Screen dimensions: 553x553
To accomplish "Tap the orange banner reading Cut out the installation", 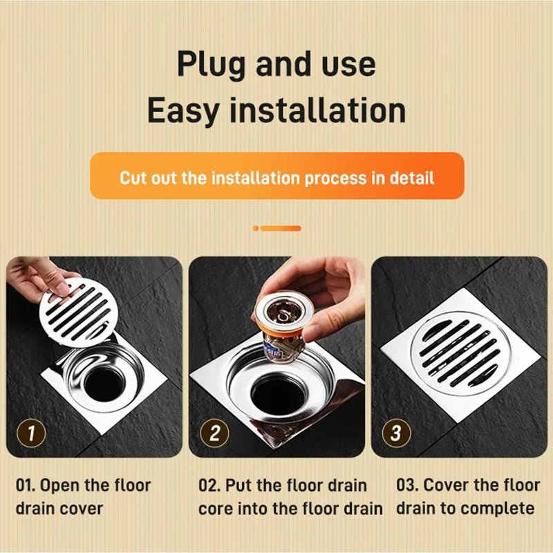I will click(276, 177).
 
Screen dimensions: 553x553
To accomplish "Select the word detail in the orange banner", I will click(411, 178).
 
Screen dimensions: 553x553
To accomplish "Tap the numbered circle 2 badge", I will click(214, 434).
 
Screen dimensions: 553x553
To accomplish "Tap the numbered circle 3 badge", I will click(396, 434).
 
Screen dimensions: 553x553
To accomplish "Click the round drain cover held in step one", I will click(78, 312).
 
